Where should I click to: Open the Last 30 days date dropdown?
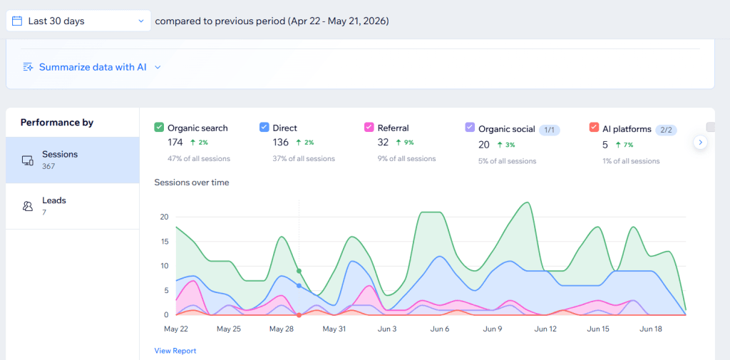pyautogui.click(x=78, y=21)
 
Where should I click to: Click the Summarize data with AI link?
pyautogui.click(x=92, y=67)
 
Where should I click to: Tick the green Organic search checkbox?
pyautogui.click(x=159, y=127)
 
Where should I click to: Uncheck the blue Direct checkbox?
pyautogui.click(x=264, y=127)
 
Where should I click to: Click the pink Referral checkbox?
pyautogui.click(x=369, y=127)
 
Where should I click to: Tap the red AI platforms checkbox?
pyautogui.click(x=594, y=128)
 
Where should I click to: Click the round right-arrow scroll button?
pyautogui.click(x=700, y=142)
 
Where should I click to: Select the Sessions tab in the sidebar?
pyautogui.click(x=73, y=160)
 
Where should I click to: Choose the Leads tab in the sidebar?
pyautogui.click(x=73, y=206)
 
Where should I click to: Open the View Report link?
pyautogui.click(x=175, y=351)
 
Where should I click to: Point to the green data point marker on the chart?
pyautogui.click(x=299, y=271)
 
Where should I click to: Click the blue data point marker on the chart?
pyautogui.click(x=299, y=286)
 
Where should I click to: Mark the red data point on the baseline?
pyautogui.click(x=299, y=315)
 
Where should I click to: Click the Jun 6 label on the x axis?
pyautogui.click(x=440, y=329)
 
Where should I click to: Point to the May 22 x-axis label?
pyautogui.click(x=176, y=329)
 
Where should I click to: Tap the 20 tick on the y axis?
pyautogui.click(x=164, y=217)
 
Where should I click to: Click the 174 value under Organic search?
pyautogui.click(x=177, y=143)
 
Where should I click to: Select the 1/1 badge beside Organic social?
pyautogui.click(x=550, y=130)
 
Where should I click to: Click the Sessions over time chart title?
pyautogui.click(x=192, y=182)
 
